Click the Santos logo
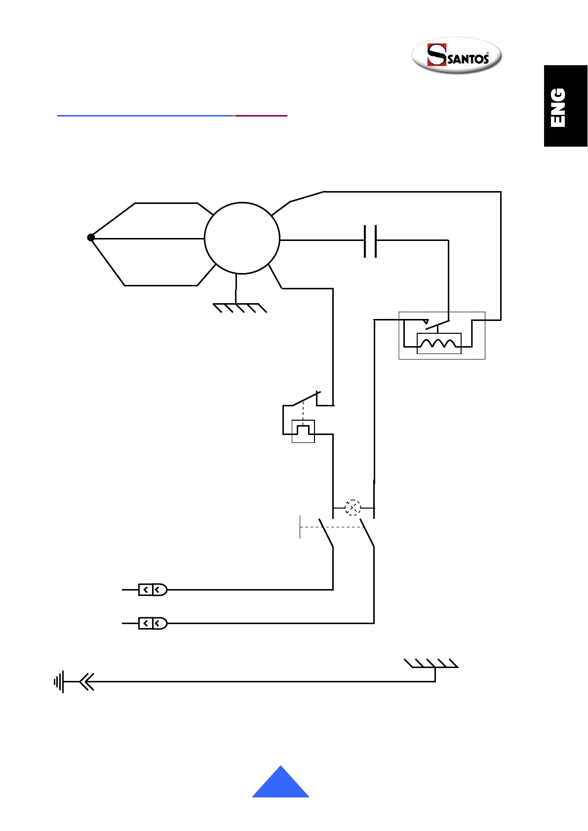point(457,55)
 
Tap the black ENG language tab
point(566,106)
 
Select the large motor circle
point(242,238)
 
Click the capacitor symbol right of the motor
point(370,241)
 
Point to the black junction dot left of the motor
point(91,237)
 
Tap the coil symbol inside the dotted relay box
point(439,343)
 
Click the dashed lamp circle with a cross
point(353,508)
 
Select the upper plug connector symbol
point(153,590)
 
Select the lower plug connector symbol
point(153,624)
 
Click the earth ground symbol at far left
point(59,682)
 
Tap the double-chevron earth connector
point(86,682)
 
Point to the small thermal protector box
point(303,431)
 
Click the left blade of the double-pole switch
point(326,533)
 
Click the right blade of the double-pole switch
point(367,533)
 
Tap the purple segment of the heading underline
point(261,116)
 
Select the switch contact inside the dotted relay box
point(437,324)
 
